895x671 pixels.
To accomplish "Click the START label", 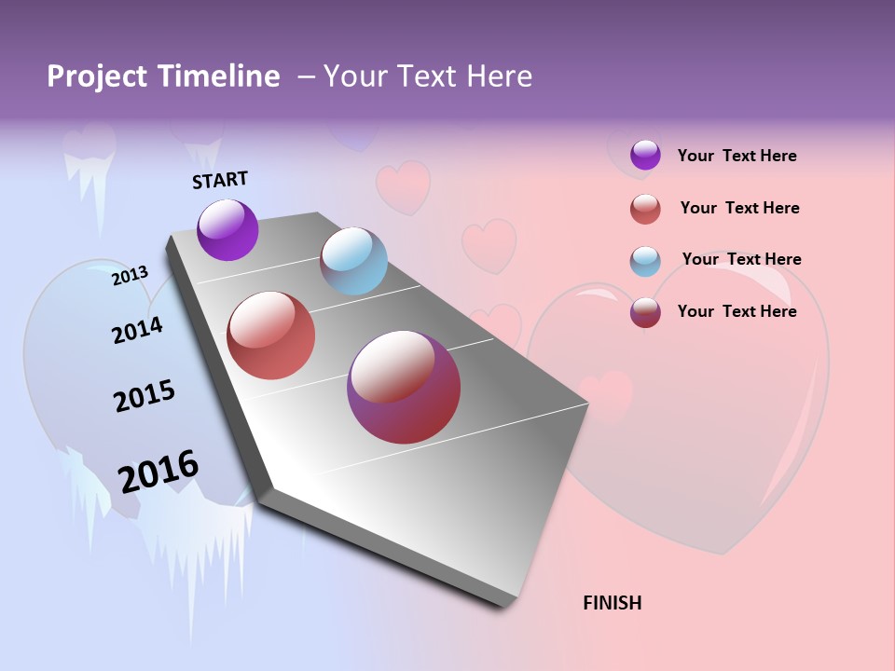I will point(220,180).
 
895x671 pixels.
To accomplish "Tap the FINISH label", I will point(612,603).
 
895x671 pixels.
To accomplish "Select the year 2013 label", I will point(130,276).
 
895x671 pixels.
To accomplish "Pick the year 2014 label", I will point(137,330).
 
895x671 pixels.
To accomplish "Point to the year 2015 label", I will point(145,396).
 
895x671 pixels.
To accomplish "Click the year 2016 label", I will point(158,471).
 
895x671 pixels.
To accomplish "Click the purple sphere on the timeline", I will point(227,229).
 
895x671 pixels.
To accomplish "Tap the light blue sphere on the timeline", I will point(353,261).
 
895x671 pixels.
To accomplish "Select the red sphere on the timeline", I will point(271,335).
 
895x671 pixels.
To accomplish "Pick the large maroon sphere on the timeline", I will point(404,387).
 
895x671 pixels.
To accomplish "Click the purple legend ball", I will point(645,155).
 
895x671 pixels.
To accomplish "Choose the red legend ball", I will point(645,209).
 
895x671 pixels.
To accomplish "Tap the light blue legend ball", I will point(645,261).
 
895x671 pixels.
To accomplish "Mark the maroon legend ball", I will point(645,312).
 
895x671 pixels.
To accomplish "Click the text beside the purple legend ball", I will point(737,156).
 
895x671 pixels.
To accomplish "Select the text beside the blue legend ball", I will point(741,259).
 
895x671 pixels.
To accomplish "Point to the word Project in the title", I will point(98,76).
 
